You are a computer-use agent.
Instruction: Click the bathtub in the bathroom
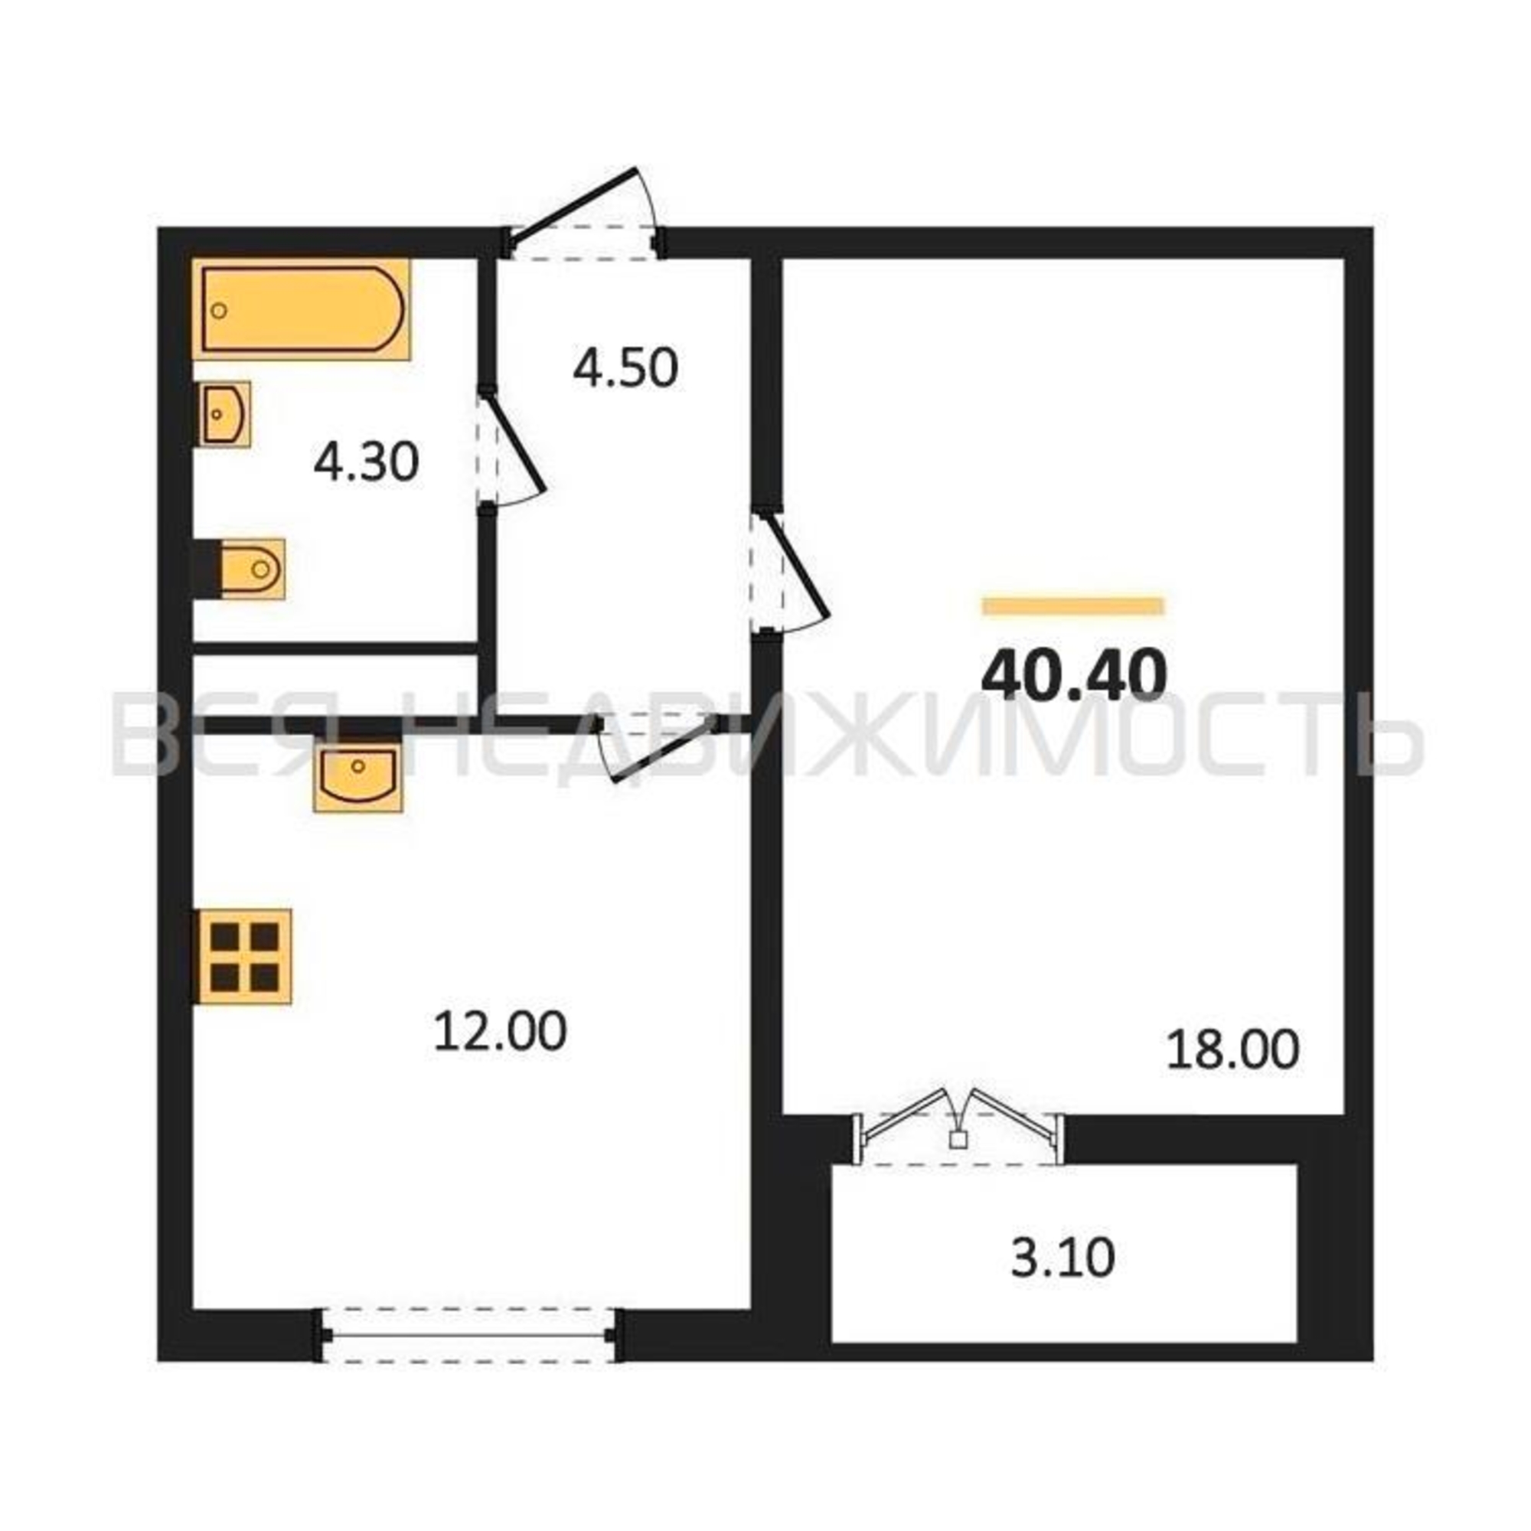302,309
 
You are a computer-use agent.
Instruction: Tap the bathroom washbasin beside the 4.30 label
224,413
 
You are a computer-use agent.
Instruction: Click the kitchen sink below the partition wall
358,772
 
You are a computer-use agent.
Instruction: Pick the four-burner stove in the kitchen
244,958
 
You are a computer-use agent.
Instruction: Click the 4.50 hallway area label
625,368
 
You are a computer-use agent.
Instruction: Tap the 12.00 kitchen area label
500,1032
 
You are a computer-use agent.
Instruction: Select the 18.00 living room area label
1233,1050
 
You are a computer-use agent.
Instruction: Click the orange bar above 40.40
1073,606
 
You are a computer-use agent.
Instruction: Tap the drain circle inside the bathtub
220,311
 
